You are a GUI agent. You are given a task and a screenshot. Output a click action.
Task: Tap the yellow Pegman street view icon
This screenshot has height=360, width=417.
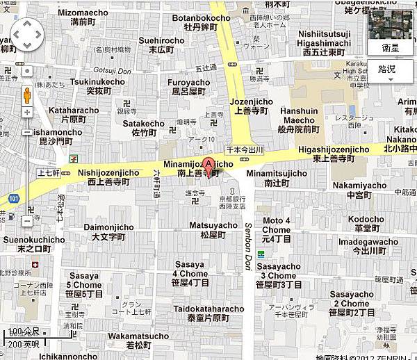(26, 95)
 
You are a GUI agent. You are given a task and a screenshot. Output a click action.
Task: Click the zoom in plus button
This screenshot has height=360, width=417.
(26, 113)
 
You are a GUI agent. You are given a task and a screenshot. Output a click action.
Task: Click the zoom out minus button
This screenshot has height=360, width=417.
(26, 221)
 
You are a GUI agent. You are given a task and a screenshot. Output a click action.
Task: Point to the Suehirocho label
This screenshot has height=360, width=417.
(161, 44)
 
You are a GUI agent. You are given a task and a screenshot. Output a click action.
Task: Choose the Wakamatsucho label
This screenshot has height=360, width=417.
(138, 341)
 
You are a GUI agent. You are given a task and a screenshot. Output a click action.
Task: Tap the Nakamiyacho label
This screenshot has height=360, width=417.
(359, 190)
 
